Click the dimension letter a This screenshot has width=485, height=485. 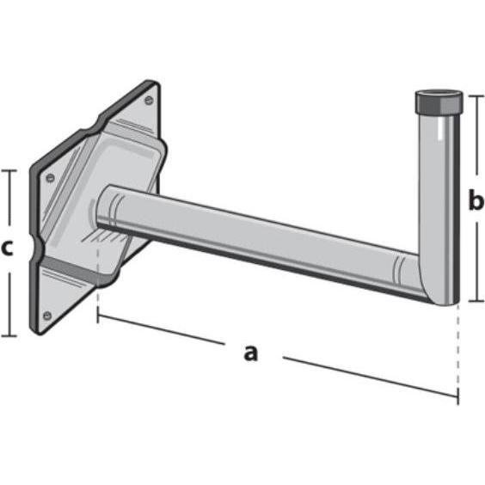250,352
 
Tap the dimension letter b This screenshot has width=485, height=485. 476,201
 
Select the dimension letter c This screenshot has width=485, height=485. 7,249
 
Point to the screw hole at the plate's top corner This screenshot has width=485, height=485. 149,101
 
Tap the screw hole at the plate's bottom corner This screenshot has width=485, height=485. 47,315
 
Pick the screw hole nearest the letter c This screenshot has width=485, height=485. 50,178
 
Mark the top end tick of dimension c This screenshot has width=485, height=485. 9,170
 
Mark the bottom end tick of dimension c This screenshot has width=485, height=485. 9,335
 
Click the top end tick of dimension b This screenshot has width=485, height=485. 475,95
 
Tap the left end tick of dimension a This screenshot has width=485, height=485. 98,316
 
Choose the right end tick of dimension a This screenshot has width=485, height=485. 457,396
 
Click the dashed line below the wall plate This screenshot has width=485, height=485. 98,297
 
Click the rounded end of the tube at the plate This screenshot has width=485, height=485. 107,206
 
